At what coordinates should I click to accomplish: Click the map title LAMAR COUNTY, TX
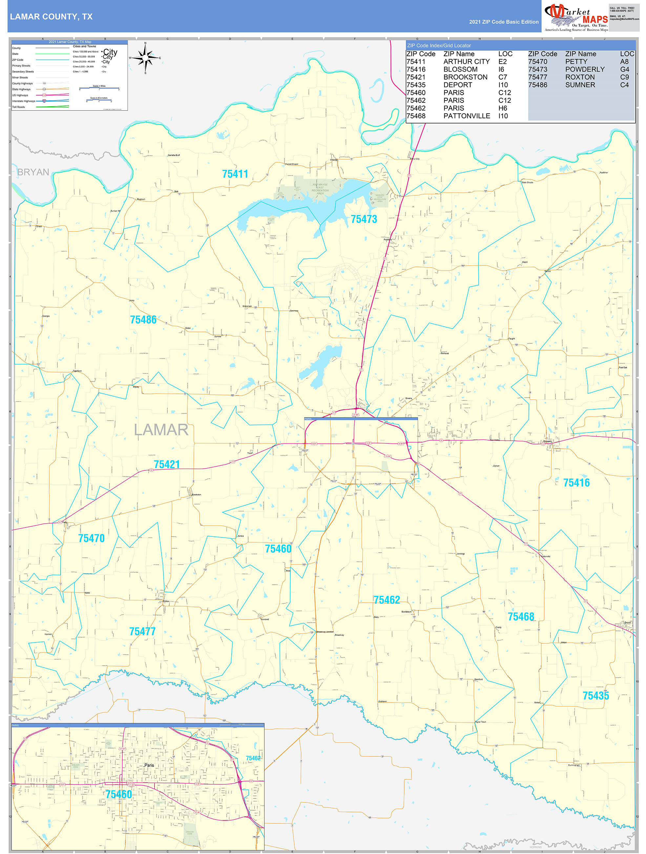point(51,17)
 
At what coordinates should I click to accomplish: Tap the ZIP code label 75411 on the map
point(235,174)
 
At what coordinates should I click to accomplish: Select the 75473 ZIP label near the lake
point(364,219)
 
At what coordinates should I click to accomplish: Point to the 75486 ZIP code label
point(143,320)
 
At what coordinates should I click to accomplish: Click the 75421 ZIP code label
point(167,464)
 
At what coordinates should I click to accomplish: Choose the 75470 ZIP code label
point(92,538)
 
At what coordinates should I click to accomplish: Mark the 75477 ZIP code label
point(142,632)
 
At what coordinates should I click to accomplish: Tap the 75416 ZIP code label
point(576,483)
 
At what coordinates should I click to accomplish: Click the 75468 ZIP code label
point(521,617)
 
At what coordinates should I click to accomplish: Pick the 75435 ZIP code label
point(595,696)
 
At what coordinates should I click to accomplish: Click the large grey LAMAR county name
point(161,430)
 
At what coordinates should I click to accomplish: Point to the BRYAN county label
point(33,172)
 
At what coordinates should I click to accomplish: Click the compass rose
point(145,58)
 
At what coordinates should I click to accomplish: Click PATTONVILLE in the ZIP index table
point(466,116)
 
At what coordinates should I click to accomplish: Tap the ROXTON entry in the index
point(580,77)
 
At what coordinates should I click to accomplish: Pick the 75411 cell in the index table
point(416,62)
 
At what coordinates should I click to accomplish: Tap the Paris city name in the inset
point(149,765)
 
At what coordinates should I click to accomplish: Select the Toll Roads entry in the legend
point(18,107)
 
